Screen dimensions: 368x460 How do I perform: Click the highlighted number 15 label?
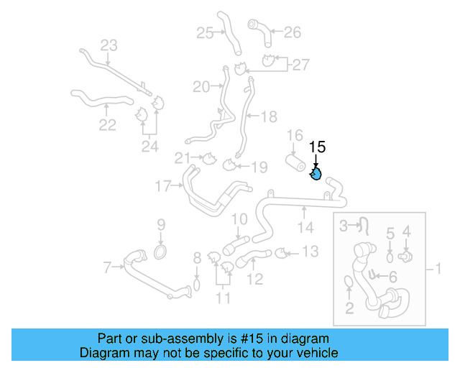pos(317,147)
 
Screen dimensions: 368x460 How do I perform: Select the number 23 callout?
pos(108,46)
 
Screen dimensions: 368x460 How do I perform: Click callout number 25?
pos(205,32)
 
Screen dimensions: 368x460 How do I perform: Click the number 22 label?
pos(107,125)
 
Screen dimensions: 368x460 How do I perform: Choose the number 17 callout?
pos(164,187)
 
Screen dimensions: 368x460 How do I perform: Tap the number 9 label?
pos(161,224)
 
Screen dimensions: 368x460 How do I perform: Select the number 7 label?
pos(108,268)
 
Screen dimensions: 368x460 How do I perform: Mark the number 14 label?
pos(305,228)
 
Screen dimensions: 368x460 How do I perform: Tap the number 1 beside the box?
pos(438,270)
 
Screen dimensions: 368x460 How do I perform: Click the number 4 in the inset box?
pos(406,232)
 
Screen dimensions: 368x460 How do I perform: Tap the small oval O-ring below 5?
pos(390,257)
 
